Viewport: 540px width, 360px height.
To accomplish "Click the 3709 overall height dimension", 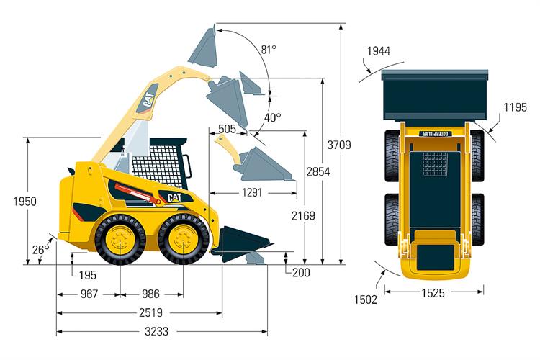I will click(x=339, y=145).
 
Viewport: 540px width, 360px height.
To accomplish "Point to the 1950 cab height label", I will click(x=24, y=202).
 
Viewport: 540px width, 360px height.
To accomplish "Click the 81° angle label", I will click(x=269, y=50).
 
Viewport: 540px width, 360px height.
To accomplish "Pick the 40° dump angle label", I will click(x=272, y=117).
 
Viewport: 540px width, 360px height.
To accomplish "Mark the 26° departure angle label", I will click(x=41, y=249).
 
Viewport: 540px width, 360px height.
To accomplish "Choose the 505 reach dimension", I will click(x=228, y=129).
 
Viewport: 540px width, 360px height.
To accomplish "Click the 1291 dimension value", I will click(x=251, y=192).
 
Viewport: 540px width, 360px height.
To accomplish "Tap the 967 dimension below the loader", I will click(x=89, y=294).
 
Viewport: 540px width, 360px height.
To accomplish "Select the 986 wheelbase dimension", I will click(x=150, y=294).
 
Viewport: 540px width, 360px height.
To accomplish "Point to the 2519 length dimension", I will click(x=150, y=312).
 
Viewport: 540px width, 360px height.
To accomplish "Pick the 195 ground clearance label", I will click(x=87, y=274).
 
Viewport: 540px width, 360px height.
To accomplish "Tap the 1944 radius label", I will click(x=378, y=50).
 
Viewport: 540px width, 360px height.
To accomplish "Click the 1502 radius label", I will click(x=366, y=300).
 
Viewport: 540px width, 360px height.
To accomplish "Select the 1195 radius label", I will click(x=515, y=107).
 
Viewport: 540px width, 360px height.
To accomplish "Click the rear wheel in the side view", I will click(x=120, y=240).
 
